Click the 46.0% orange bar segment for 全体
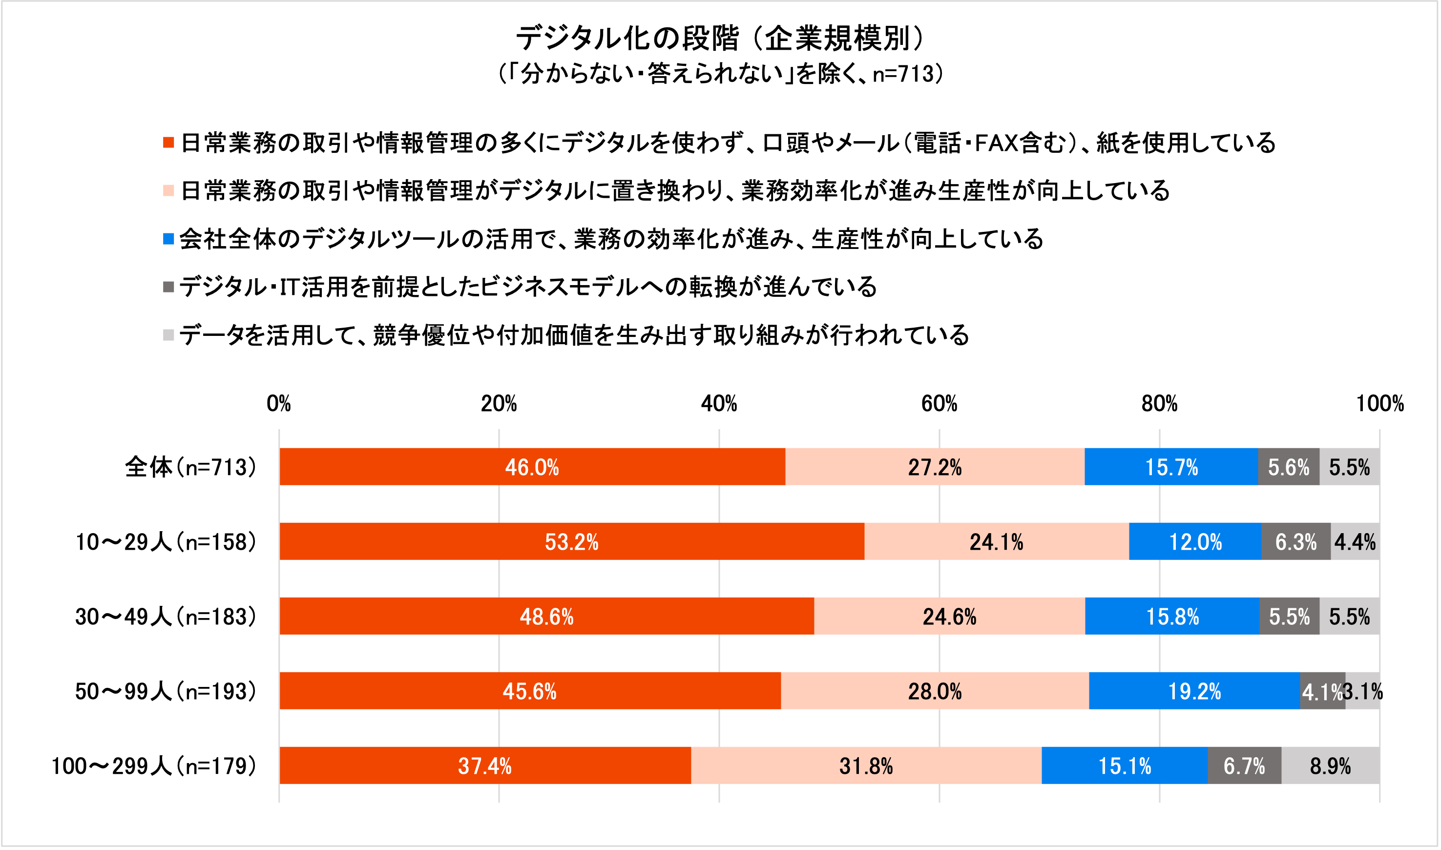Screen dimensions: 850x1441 (532, 467)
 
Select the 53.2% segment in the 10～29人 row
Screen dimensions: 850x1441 (572, 541)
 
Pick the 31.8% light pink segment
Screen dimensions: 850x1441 (866, 765)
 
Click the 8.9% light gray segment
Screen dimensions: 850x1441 (1330, 765)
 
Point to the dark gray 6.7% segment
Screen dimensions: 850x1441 (1244, 765)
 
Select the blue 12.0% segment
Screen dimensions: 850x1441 (1195, 541)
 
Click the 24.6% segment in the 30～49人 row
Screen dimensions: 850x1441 (949, 616)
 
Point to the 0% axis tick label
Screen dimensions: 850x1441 (279, 404)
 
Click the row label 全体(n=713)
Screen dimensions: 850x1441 (190, 467)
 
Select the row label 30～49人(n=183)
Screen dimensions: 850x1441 (166, 616)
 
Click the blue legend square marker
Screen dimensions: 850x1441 (168, 238)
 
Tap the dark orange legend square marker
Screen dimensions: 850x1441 (168, 142)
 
